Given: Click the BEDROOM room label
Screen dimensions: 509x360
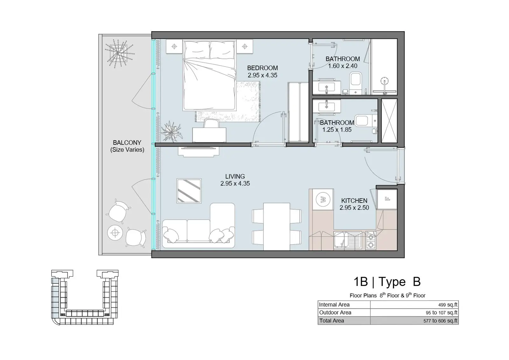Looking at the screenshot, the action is [x=262, y=68].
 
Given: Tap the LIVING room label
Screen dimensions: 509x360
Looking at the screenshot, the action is [x=235, y=176].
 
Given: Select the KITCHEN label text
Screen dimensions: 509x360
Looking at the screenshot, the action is [x=354, y=201].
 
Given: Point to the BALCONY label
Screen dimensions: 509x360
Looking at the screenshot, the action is [x=127, y=143].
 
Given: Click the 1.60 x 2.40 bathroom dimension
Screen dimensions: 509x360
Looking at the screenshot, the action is [x=343, y=66].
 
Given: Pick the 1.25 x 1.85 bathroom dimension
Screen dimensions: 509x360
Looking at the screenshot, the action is [x=337, y=130].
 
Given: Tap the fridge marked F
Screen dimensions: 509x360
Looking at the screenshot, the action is [x=387, y=199].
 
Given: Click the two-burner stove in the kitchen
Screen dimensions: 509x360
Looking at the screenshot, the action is [x=371, y=241].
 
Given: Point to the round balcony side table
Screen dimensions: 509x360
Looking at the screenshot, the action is [x=115, y=232].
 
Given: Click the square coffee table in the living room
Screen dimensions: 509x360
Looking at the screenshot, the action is [x=189, y=191].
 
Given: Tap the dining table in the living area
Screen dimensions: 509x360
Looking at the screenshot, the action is [x=276, y=227].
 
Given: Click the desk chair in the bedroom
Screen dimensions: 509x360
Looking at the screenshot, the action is [x=211, y=123].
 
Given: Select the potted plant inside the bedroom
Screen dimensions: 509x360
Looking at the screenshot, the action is [x=171, y=131].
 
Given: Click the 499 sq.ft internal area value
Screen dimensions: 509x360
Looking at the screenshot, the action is [x=448, y=305].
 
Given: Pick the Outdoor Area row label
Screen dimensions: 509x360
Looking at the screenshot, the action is [x=335, y=313].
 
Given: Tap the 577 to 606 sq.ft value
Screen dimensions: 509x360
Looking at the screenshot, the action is [x=440, y=321].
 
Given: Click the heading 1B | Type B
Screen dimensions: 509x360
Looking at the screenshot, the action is [x=387, y=282].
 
